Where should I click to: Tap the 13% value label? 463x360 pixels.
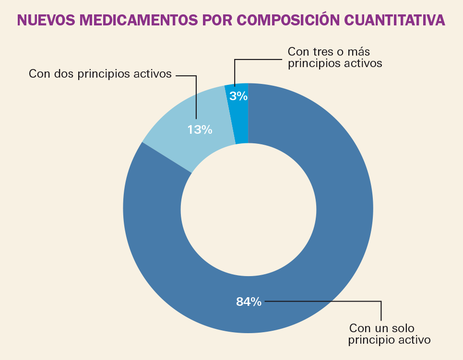pyautogui.click(x=200, y=129)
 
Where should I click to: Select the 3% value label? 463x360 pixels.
pyautogui.click(x=238, y=96)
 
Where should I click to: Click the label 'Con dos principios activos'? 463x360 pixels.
pyautogui.click(x=100, y=74)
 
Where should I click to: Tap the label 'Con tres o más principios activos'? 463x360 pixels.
pyautogui.click(x=334, y=57)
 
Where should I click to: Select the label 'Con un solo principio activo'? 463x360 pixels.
pyautogui.click(x=389, y=334)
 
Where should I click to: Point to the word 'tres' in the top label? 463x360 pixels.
pyautogui.click(x=320, y=51)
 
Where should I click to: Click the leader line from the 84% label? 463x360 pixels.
pyautogui.click(x=336, y=302)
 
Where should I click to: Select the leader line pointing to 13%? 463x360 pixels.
pyautogui.click(x=196, y=96)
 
